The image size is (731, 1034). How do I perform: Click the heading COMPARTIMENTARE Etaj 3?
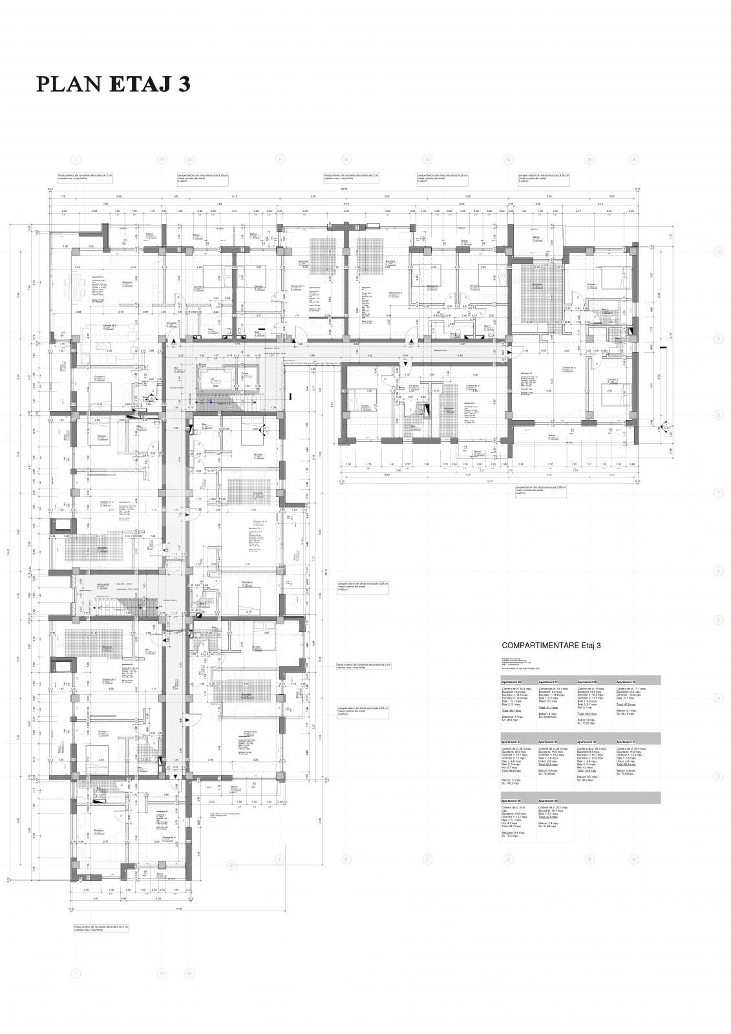point(551,645)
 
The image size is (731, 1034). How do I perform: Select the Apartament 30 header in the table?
point(511,682)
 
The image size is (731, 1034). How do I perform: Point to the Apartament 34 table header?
point(511,742)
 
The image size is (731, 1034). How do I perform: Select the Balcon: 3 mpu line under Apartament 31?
point(547,713)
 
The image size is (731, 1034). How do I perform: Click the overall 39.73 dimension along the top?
point(344,190)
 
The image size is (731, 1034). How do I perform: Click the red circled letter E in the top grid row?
point(346,159)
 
